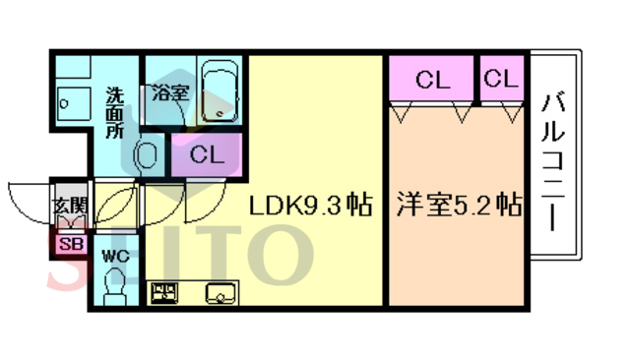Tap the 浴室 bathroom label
tap(169, 93)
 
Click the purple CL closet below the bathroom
tap(207, 154)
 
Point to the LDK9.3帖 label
tap(309, 207)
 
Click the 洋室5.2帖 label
tap(458, 207)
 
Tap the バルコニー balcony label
tap(553, 159)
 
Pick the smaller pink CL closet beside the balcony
tap(501, 79)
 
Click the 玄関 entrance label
tap(70, 207)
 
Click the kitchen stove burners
tap(164, 293)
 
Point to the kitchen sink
tap(219, 293)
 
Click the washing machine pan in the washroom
tap(72, 101)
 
